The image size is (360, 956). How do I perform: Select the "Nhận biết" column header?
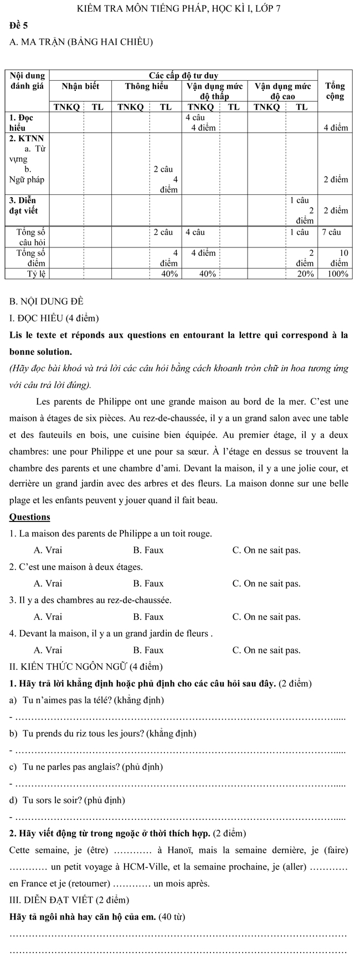pos(80,86)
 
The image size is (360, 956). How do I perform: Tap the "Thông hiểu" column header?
pos(146,86)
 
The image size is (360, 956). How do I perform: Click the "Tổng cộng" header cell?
pos(335,91)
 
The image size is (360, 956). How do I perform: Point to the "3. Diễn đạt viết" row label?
pos(23,205)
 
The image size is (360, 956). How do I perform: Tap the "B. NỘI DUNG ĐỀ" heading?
pos(47,302)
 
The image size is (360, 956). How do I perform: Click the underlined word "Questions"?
pos(30,517)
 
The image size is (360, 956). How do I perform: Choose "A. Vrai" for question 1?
pos(48,550)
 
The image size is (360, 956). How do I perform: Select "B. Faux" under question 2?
pos(148,583)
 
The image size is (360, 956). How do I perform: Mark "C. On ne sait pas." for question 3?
pos(266,617)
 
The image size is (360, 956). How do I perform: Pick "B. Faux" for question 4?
pos(148,650)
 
